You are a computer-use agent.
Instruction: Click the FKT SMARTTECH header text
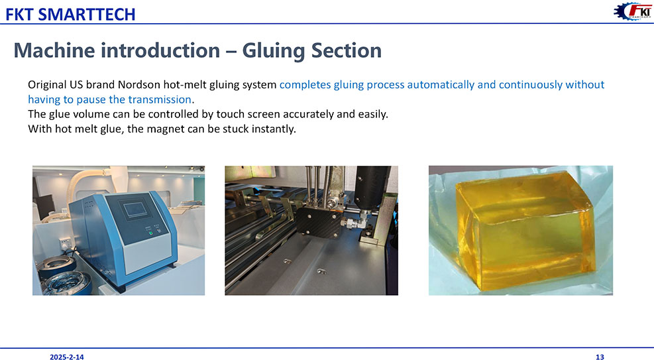tap(70, 14)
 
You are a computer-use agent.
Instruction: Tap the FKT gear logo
tap(632, 11)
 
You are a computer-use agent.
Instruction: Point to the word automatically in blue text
tap(441, 85)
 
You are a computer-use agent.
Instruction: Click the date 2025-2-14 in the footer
tap(67, 357)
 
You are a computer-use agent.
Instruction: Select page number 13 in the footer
tap(600, 357)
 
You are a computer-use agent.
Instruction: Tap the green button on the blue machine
tap(150, 233)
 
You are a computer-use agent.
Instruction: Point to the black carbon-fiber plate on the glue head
tap(319, 222)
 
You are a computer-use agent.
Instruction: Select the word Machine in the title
tap(54, 50)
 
